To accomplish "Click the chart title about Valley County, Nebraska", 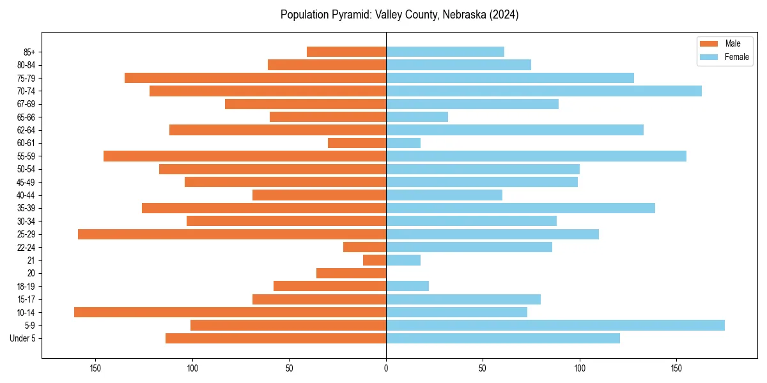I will coord(399,15).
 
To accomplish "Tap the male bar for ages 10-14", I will coord(230,312).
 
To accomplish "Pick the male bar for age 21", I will coord(375,260).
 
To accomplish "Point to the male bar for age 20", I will coord(352,273).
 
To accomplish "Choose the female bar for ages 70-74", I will coord(543,91).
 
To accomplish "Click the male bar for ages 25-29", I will coord(232,234).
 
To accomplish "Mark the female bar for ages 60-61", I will coord(403,143).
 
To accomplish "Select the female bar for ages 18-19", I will coord(407,286).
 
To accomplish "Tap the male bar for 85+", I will coord(346,52).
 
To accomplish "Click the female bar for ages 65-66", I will coord(417,117).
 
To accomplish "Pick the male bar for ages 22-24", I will coord(364,247).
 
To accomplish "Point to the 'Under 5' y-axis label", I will coord(22,338).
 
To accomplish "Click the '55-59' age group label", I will coord(26,156).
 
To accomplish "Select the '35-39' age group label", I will coord(26,208).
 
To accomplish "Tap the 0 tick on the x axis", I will coord(386,368).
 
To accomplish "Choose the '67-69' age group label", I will coord(26,104).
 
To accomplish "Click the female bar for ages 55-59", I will coord(536,156).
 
